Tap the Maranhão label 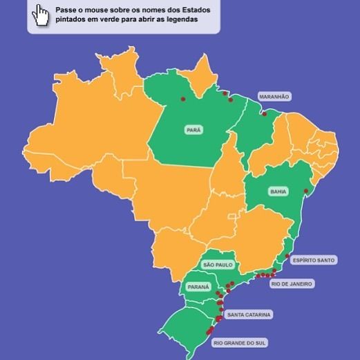coord(274,97)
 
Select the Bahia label coord(278,191)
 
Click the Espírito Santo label coord(313,260)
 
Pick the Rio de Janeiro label coord(292,283)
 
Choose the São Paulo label coord(218,265)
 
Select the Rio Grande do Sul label coord(240,342)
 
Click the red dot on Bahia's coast coord(305,191)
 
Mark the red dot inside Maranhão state coord(264,114)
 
